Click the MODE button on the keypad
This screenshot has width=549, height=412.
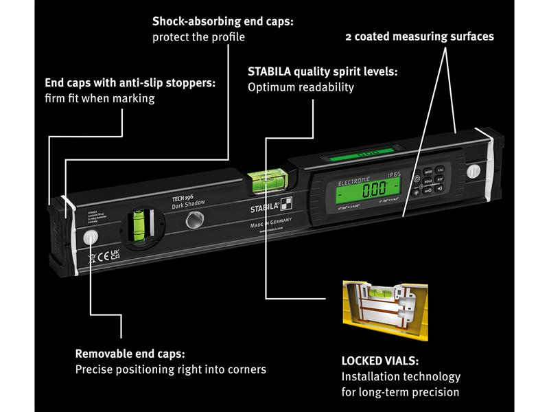coord(428,170)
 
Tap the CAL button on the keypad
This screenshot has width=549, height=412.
coord(441,169)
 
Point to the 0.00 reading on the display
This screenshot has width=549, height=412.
coord(374,187)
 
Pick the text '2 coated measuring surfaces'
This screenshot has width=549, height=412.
coord(419,37)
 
